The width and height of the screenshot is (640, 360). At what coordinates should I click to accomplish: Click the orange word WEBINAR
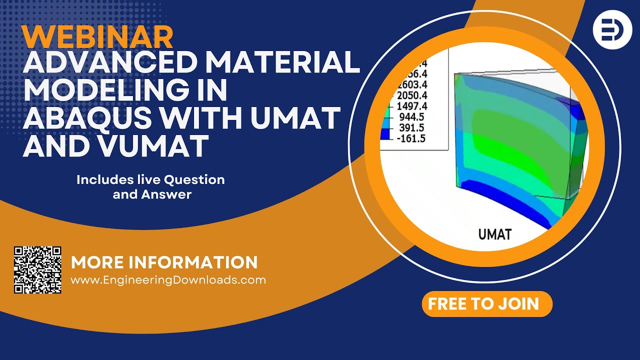coord(98,37)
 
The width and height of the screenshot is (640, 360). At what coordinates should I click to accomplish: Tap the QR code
coord(37,269)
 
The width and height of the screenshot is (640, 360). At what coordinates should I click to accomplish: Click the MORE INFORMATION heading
coord(164,262)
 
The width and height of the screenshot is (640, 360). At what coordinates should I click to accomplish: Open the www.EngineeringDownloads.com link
coord(168,280)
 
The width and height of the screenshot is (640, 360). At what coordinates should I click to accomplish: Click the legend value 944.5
coord(412,117)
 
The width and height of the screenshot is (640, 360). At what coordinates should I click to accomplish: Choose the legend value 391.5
coord(412,128)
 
